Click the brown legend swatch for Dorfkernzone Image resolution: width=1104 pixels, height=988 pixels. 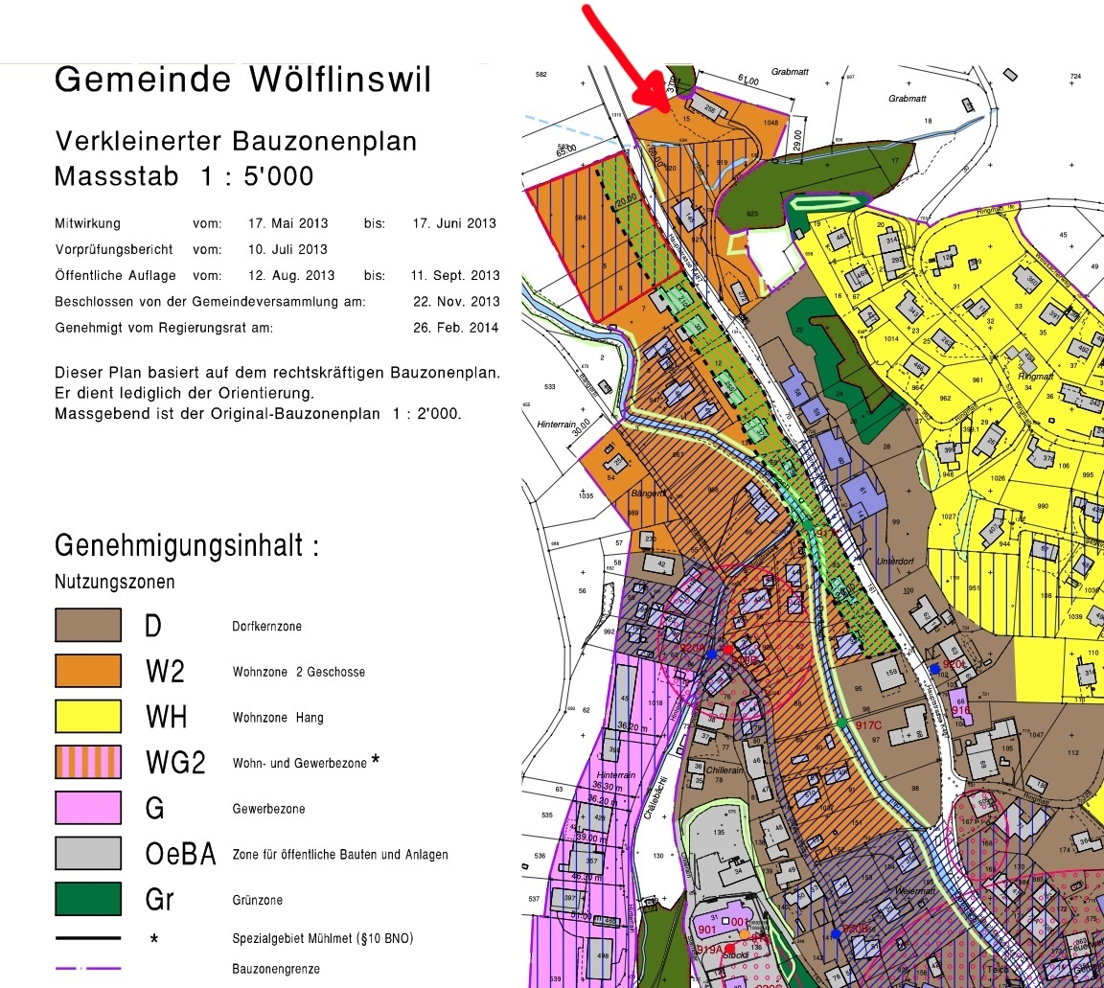(x=88, y=626)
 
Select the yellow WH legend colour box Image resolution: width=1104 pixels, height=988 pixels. (x=88, y=717)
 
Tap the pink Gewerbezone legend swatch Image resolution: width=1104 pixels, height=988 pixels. (x=88, y=808)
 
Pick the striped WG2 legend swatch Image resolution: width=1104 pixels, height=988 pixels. (x=88, y=762)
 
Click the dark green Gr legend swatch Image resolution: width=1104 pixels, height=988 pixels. (x=88, y=899)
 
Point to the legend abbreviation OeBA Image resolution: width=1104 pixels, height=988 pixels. (x=179, y=854)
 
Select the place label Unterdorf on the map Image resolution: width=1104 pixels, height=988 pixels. (x=897, y=562)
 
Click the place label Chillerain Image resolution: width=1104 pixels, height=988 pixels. (x=725, y=770)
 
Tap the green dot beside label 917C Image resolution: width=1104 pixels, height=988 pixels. (x=841, y=722)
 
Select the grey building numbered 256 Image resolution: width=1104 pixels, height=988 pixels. (x=709, y=107)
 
